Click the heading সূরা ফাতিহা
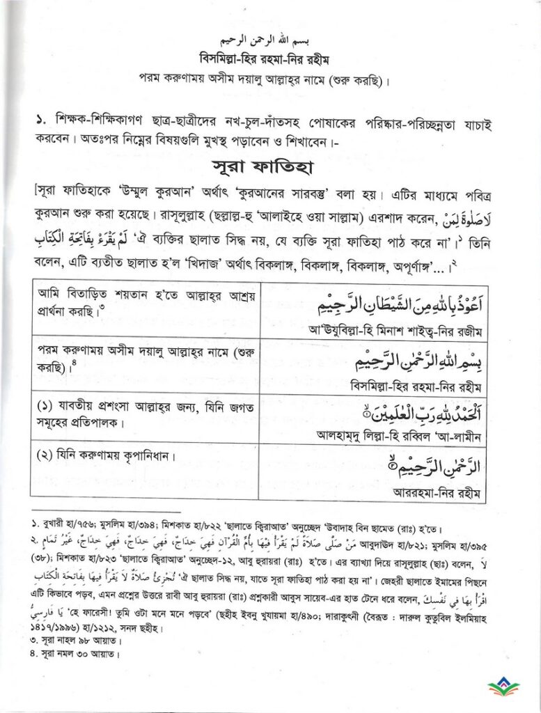point(270,168)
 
